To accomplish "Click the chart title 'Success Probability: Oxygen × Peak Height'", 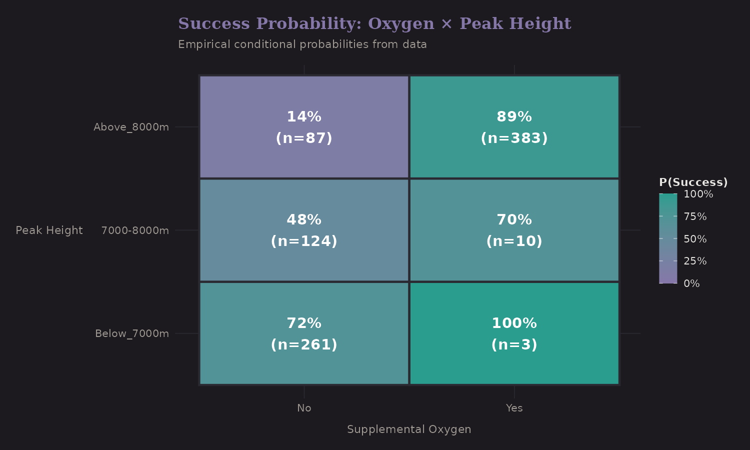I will click(x=374, y=23).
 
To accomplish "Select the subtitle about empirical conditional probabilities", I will click(x=302, y=44).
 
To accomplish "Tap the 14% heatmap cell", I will click(x=304, y=127).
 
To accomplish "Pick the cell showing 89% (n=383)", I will click(x=514, y=127).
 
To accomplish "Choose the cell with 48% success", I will click(x=304, y=230).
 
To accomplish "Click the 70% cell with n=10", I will click(x=514, y=230).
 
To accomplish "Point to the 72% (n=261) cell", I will click(x=304, y=333).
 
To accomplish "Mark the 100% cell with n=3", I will click(x=514, y=333).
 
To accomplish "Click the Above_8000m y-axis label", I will click(x=131, y=127).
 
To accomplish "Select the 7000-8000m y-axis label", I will click(x=135, y=230).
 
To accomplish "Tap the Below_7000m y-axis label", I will click(x=132, y=333).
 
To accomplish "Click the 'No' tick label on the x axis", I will click(x=304, y=408).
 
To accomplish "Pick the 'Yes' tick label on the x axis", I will click(x=514, y=408).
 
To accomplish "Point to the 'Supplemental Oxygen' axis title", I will click(x=409, y=429).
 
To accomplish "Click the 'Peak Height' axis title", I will click(x=49, y=230).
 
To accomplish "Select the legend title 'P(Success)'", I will click(x=693, y=182).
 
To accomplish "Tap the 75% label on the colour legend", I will click(x=695, y=216).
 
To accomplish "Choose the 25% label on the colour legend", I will click(x=695, y=261).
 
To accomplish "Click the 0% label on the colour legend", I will click(x=691, y=283).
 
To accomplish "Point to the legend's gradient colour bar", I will click(x=668, y=238).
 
